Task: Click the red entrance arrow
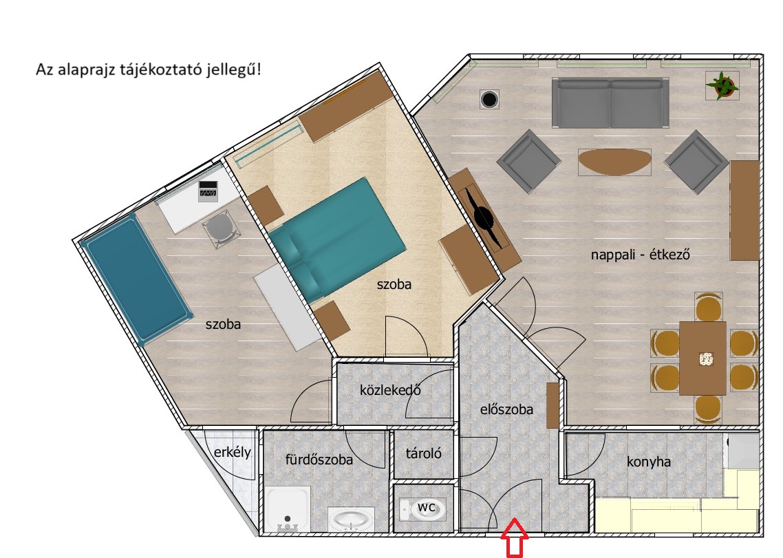pos(515,538)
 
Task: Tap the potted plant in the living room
pos(722,85)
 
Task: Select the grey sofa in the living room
pos(610,103)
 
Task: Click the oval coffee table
pos(614,162)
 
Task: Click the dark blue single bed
pos(136,279)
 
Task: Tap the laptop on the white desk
pos(208,191)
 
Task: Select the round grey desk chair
pos(220,228)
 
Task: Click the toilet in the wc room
pos(422,508)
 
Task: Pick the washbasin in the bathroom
pos(352,519)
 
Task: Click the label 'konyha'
pos(648,462)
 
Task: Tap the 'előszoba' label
pos(506,409)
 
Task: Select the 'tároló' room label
pos(423,453)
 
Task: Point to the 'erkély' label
pos(232,453)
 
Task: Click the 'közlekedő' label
pos(390,389)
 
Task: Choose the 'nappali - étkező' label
pos(640,255)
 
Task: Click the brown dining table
pos(702,358)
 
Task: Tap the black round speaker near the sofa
pos(489,99)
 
